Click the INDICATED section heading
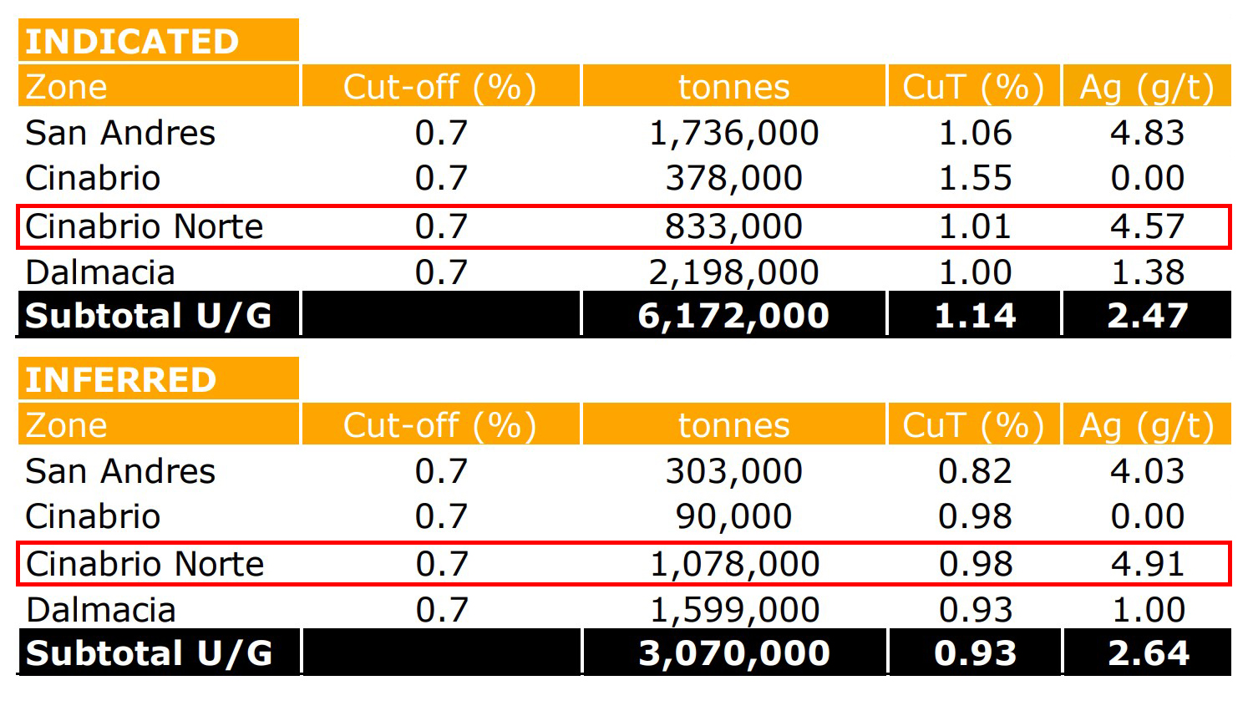[x=132, y=42]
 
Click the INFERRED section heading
[x=121, y=380]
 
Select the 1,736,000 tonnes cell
[x=733, y=134]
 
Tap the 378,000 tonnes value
[x=733, y=179]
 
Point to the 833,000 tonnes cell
[x=733, y=227]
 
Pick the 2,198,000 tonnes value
[x=733, y=273]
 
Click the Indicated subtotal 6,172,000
[x=733, y=316]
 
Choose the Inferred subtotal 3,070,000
[x=733, y=653]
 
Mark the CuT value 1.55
[x=975, y=179]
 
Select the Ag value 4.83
[x=1147, y=134]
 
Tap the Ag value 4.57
[x=1147, y=227]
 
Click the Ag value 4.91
[x=1147, y=565]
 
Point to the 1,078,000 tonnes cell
[x=734, y=565]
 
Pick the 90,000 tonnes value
[x=733, y=517]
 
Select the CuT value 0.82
[x=975, y=472]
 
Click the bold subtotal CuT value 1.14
[x=975, y=316]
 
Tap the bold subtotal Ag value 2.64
[x=1148, y=653]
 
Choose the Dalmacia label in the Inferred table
[x=101, y=611]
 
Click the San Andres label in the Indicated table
[x=120, y=134]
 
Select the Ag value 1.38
[x=1147, y=273]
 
